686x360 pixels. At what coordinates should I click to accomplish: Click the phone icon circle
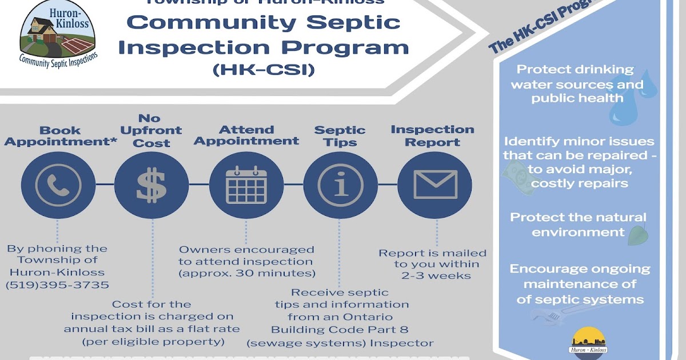(x=58, y=185)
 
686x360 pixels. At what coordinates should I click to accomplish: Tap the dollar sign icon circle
(x=152, y=185)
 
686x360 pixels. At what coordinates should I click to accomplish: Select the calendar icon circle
(x=246, y=185)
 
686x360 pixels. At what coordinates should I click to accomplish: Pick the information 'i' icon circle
(x=340, y=185)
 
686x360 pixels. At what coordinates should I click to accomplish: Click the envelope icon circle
(x=434, y=185)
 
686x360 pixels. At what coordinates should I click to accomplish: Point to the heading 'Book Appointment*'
(x=60, y=137)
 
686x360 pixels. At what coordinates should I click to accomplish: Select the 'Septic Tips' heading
(x=340, y=137)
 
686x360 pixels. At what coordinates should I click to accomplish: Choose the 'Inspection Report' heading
(x=433, y=136)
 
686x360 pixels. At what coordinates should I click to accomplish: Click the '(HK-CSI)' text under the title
(x=263, y=70)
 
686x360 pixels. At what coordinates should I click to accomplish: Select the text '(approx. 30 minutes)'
(x=246, y=273)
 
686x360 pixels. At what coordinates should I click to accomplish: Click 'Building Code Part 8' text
(x=340, y=330)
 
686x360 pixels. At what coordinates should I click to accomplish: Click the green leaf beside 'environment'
(x=636, y=234)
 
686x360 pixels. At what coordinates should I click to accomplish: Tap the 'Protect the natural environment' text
(x=578, y=225)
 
